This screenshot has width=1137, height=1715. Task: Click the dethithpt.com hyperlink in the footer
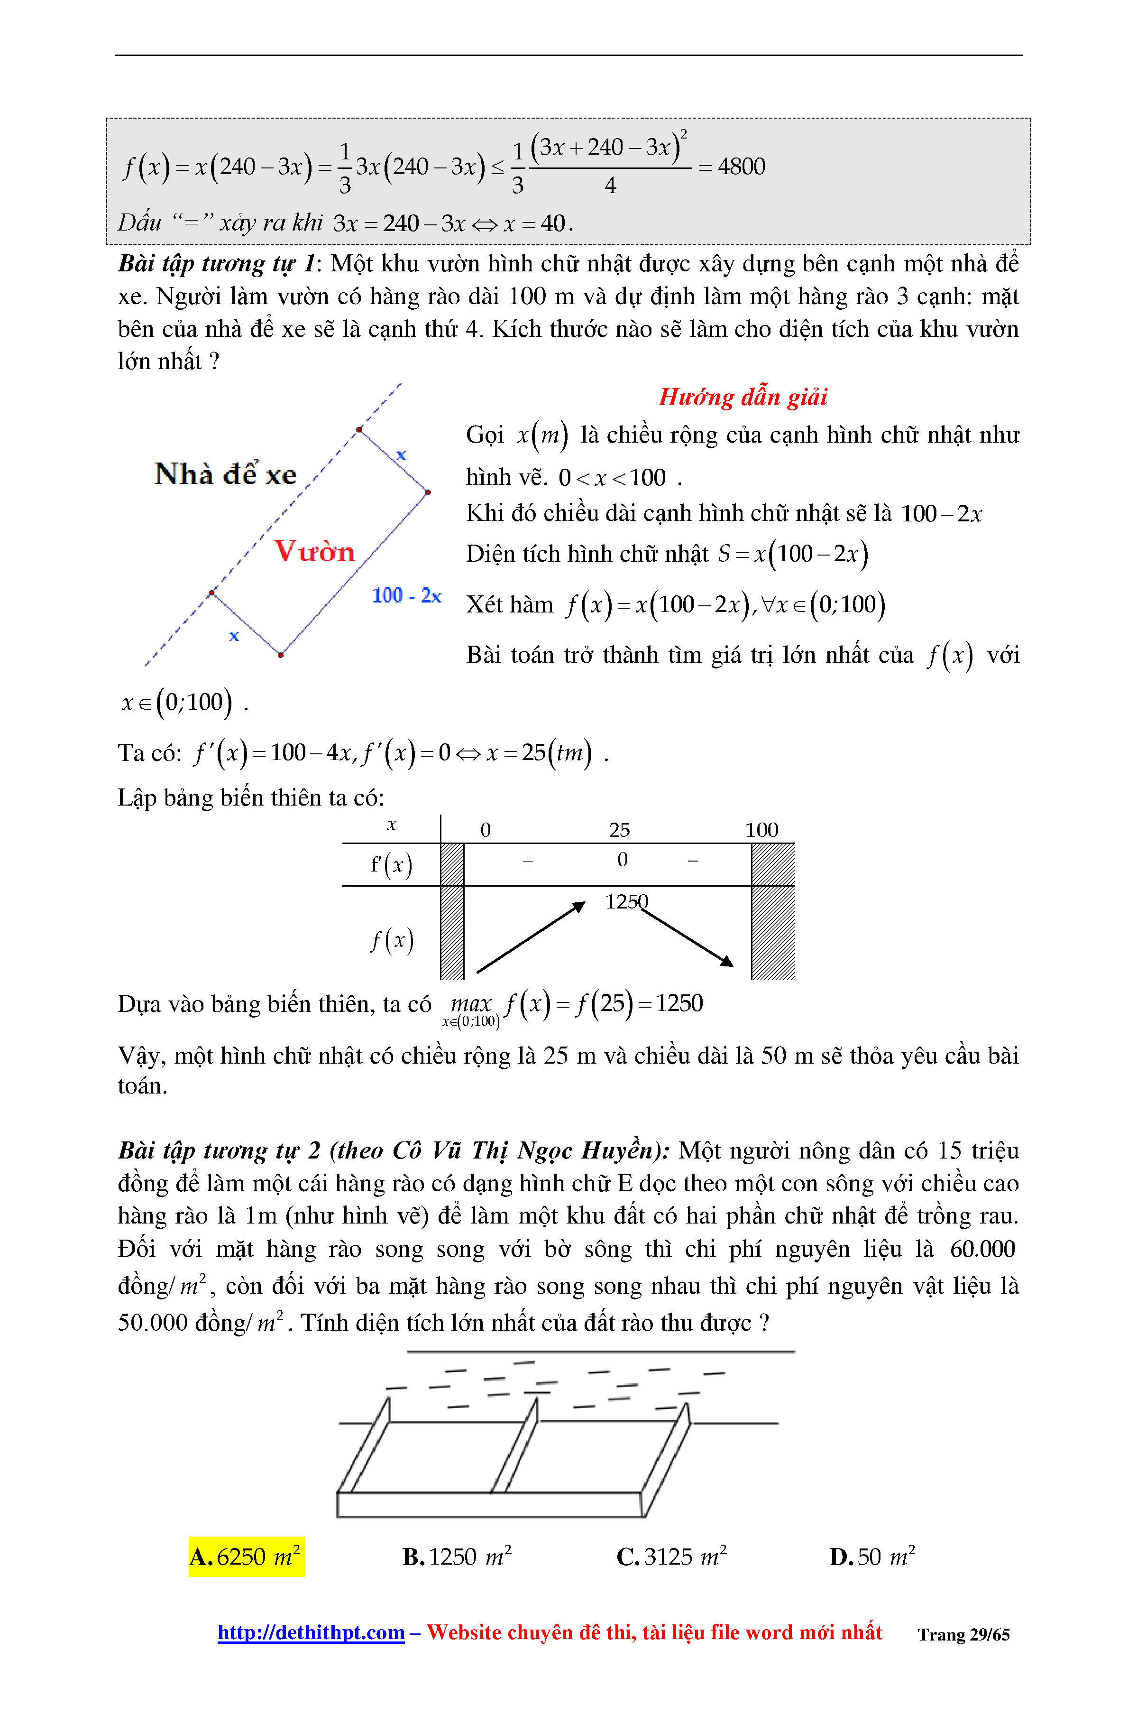pyautogui.click(x=311, y=1632)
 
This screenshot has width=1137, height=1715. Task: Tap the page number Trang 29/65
pyautogui.click(x=963, y=1634)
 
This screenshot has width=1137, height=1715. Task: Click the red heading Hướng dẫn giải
pyautogui.click(x=743, y=397)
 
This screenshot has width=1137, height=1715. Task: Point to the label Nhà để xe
pyautogui.click(x=226, y=474)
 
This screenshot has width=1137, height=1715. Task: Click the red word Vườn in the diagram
pyautogui.click(x=314, y=551)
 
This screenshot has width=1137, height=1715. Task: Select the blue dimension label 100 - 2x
pyautogui.click(x=406, y=595)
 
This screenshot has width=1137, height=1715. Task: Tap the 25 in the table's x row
pyautogui.click(x=619, y=830)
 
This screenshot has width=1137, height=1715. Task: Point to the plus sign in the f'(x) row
pyautogui.click(x=528, y=861)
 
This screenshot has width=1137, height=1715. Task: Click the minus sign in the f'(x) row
pyautogui.click(x=693, y=861)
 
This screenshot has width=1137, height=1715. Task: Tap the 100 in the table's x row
pyautogui.click(x=761, y=830)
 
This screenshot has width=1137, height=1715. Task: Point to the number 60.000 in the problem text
pyautogui.click(x=982, y=1249)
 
